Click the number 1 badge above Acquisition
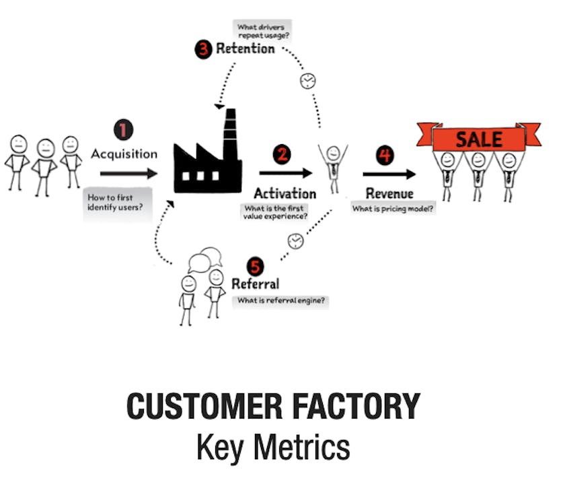124,130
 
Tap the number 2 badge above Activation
282,155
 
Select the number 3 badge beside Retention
203,49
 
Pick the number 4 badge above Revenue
385,156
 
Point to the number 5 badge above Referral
255,267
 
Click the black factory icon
207,151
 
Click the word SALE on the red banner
479,139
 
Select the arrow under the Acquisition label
128,174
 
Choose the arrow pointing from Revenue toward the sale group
389,174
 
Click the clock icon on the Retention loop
307,81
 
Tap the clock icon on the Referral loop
296,241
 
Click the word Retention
246,48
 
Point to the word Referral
256,284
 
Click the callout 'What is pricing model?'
393,208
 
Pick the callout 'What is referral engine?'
281,300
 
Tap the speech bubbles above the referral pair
205,259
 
